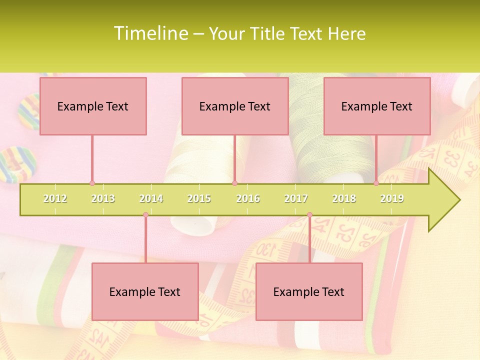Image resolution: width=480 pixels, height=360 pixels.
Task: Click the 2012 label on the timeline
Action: [55, 198]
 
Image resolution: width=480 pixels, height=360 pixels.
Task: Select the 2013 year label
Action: [103, 198]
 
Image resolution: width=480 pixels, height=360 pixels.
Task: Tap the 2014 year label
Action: [151, 198]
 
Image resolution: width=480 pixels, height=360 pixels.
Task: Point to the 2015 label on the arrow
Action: [199, 198]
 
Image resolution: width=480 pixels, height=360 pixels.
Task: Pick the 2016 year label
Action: [248, 198]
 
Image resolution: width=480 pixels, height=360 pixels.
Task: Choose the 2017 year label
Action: [296, 198]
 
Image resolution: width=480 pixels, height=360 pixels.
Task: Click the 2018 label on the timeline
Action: [344, 198]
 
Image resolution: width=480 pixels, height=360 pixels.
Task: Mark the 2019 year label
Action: [392, 198]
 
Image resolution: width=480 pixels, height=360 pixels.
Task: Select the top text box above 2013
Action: [93, 106]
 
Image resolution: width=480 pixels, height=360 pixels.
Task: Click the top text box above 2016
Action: [235, 106]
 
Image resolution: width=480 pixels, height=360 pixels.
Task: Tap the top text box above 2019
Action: [377, 106]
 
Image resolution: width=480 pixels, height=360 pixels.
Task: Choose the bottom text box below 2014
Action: [145, 291]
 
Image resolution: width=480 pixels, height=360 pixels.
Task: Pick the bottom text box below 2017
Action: [309, 291]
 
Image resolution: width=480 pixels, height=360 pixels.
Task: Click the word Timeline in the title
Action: [150, 33]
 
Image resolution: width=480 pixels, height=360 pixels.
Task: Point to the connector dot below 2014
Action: [145, 215]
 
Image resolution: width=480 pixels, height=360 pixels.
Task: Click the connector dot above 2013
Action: [92, 183]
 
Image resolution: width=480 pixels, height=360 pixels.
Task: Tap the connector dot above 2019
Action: [376, 183]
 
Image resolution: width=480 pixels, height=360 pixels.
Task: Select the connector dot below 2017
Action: [309, 215]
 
